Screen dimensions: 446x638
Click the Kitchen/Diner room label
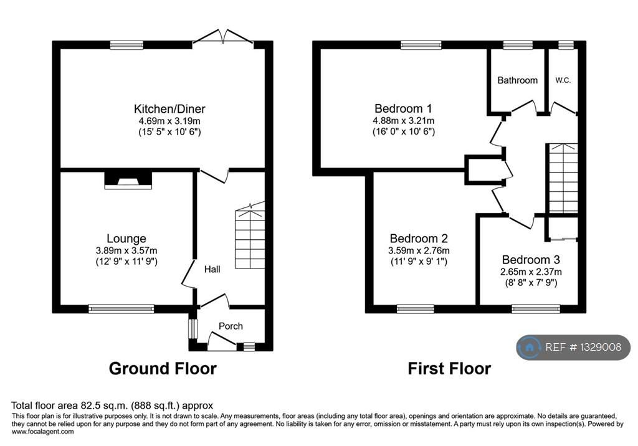click(x=163, y=109)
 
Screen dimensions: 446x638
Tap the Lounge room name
click(x=126, y=239)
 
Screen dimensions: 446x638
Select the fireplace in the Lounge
click(x=128, y=180)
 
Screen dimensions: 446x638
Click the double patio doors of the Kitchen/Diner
click(x=223, y=39)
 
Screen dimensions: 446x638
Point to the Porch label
click(x=231, y=326)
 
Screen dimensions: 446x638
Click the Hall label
click(x=212, y=269)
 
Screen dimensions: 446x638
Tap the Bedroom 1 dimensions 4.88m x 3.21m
click(x=403, y=120)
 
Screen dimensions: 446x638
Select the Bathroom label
click(x=517, y=80)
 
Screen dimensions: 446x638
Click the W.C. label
click(x=563, y=80)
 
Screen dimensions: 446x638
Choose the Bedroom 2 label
click(x=419, y=239)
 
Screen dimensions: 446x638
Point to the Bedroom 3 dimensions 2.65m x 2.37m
click(x=531, y=272)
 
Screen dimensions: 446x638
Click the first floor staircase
click(x=563, y=178)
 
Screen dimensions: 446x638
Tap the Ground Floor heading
click(x=163, y=368)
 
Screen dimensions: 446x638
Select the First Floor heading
click(x=449, y=368)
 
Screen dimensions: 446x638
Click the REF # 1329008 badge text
click(x=583, y=348)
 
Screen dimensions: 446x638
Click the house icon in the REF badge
click(x=530, y=348)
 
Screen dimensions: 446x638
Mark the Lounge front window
click(x=121, y=308)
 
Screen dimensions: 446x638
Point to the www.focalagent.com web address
click(x=42, y=431)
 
